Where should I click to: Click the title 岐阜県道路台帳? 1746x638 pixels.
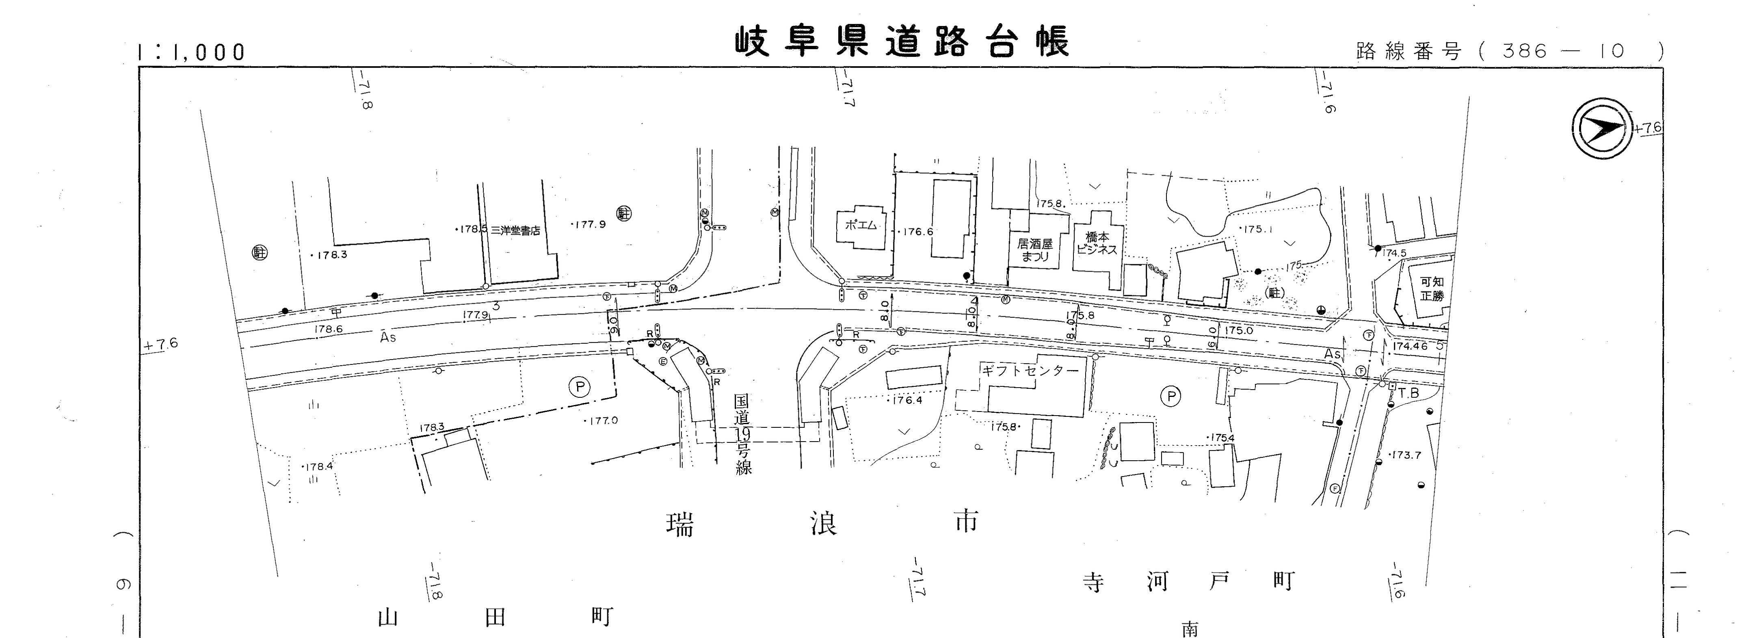pos(902,42)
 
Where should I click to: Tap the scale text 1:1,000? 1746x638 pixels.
pos(191,52)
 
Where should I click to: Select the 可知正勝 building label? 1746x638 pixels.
pos(1432,289)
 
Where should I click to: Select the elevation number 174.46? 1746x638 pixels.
pos(1410,346)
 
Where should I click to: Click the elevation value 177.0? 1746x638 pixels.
pos(603,420)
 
